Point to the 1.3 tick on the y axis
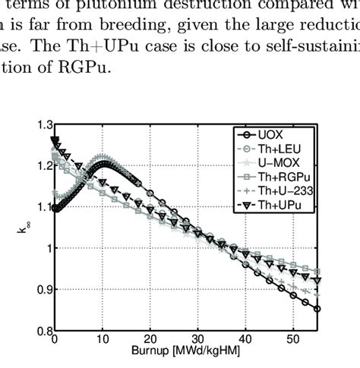coord(43,123)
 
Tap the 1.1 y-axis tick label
coord(43,206)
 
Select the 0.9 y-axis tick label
coord(43,290)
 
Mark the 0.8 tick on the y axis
coord(43,331)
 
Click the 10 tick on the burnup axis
coord(103,340)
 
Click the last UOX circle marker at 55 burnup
coord(316,309)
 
